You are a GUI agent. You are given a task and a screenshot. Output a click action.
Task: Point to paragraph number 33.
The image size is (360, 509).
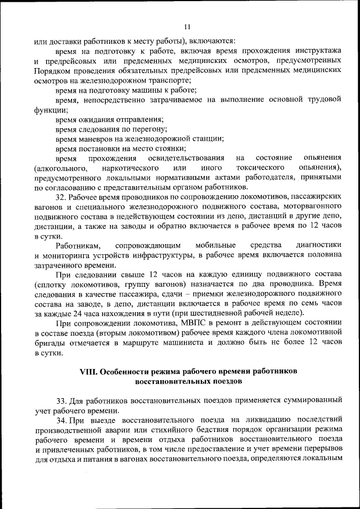(61, 400)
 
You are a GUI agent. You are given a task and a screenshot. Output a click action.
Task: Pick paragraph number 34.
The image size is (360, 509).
(61, 421)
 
